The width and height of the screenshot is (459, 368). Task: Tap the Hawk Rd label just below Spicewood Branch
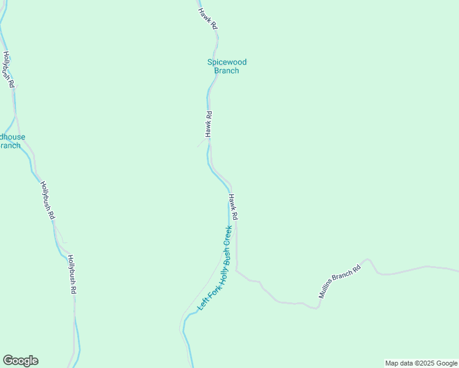click(209, 124)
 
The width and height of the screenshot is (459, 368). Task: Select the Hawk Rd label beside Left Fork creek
click(233, 207)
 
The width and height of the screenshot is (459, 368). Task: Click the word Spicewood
click(226, 62)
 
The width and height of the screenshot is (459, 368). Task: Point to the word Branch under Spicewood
click(226, 71)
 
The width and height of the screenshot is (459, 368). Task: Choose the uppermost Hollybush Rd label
click(8, 69)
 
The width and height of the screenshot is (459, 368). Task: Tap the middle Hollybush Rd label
click(47, 200)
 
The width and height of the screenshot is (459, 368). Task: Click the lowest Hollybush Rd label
click(71, 275)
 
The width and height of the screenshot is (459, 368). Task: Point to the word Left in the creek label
click(201, 303)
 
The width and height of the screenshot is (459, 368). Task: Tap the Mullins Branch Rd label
click(339, 279)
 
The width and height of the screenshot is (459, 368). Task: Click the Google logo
click(20, 361)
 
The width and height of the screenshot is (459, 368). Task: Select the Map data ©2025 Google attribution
click(421, 363)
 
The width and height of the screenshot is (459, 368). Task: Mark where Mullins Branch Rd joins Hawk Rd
click(237, 269)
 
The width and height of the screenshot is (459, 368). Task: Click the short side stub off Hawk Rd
click(201, 143)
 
